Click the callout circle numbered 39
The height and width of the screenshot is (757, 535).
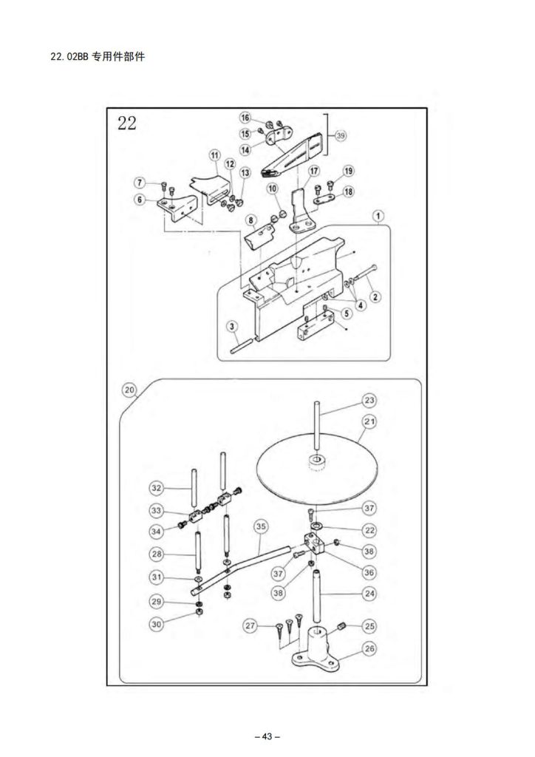coord(341,136)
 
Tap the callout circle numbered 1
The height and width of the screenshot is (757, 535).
coord(378,216)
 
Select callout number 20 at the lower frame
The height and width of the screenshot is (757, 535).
coord(129,390)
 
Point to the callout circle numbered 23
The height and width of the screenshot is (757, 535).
coord(369,400)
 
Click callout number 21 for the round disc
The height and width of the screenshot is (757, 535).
coord(369,421)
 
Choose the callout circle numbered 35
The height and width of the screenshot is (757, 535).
coord(261,526)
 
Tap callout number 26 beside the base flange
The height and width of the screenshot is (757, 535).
coord(369,648)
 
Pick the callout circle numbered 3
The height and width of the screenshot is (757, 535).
coord(233,327)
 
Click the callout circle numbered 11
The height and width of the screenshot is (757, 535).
coord(215,155)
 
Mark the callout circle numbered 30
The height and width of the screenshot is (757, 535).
coord(157,624)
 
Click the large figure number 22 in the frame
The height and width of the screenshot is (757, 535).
coord(127,123)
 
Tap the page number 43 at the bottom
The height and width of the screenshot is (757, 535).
coord(267,737)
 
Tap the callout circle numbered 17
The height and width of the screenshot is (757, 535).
coord(314,171)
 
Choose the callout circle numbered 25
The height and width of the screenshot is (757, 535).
coord(369,626)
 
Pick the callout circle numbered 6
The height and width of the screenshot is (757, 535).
coord(140,199)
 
